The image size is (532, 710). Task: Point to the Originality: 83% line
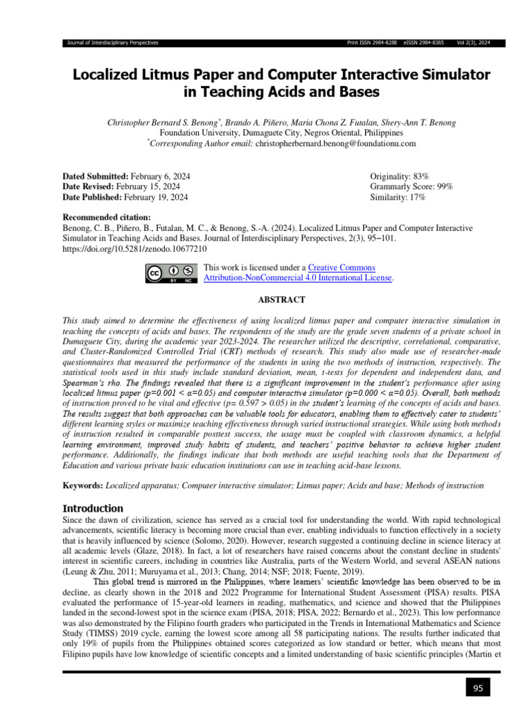coord(398,177)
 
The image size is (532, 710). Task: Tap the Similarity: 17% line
coord(398,198)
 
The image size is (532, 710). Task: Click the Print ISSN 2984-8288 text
coord(371,43)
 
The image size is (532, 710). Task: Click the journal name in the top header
coord(112,43)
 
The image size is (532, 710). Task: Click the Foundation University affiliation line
coord(281,132)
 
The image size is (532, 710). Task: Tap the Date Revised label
coord(88,187)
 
